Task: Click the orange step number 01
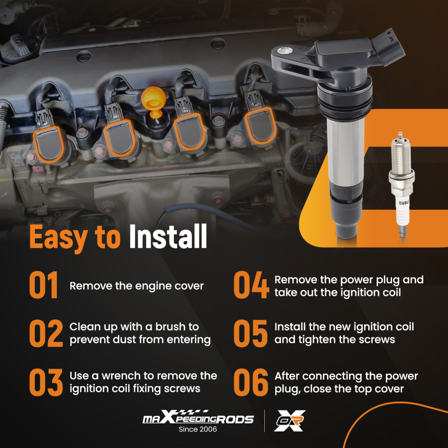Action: (x=43, y=285)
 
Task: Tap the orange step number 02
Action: (x=46, y=333)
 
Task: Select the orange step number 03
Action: (x=46, y=382)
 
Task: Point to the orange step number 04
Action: (x=251, y=285)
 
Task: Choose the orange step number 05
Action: (x=250, y=333)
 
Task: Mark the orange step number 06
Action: (x=251, y=382)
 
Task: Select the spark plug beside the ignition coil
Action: (x=401, y=185)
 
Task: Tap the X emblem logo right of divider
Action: (x=290, y=421)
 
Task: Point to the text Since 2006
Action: (x=198, y=429)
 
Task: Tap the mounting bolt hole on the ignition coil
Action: (x=284, y=51)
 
